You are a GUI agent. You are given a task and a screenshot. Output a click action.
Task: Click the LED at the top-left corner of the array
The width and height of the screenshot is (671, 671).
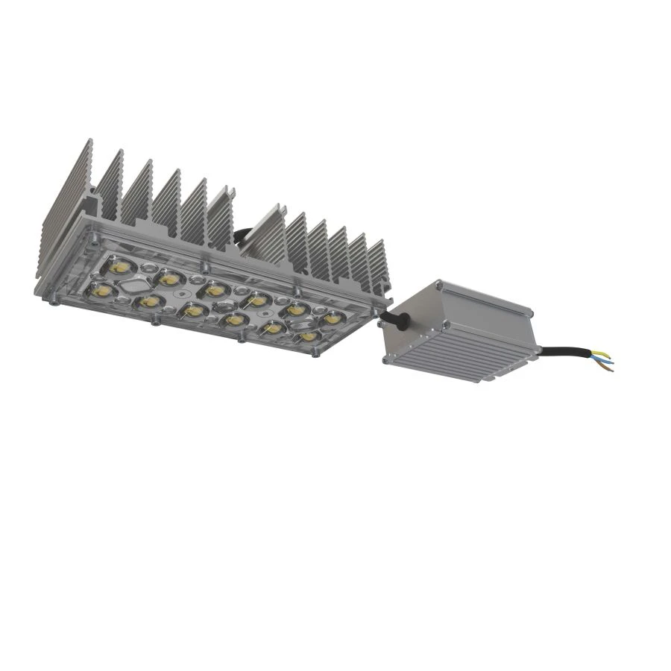[x=118, y=264]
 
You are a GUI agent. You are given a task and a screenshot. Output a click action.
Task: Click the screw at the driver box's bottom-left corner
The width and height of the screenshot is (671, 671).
[x=385, y=360]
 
